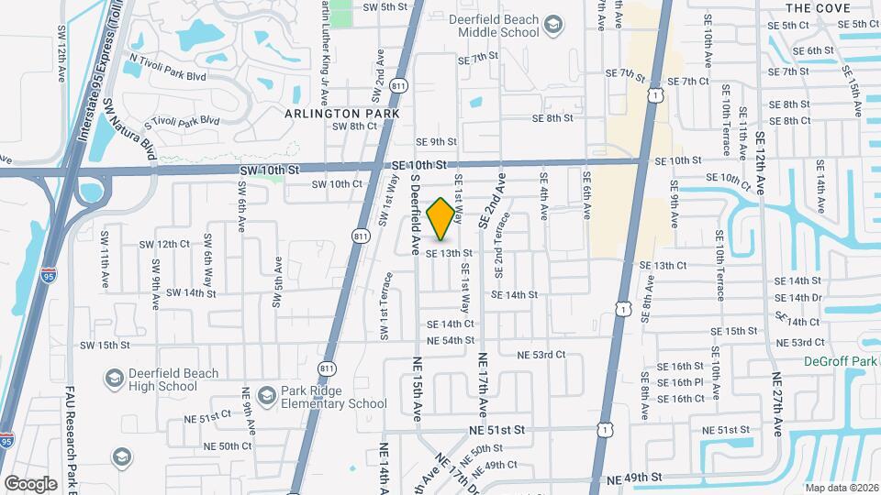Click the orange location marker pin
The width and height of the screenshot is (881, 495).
tap(440, 219)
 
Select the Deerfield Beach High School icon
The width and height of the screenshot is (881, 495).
tap(115, 379)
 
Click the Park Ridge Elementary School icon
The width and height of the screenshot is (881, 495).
tap(267, 396)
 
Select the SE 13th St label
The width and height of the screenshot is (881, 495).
tap(449, 253)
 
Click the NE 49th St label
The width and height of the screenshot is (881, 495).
tap(633, 478)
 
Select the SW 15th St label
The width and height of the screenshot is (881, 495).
tap(106, 346)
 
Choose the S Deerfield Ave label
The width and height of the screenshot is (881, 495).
tap(415, 216)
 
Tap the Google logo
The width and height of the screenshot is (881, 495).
tap(30, 483)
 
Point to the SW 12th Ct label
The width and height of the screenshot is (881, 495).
tap(164, 245)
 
